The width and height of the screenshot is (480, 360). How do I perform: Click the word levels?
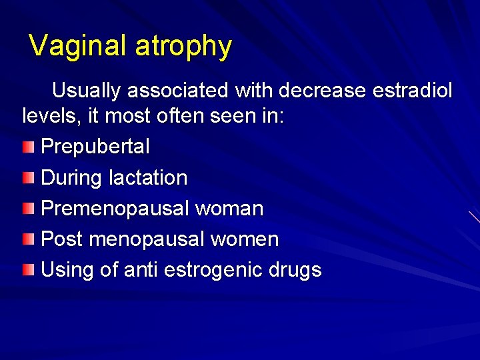click(52, 117)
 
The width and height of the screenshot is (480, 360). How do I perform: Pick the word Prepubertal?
click(95, 147)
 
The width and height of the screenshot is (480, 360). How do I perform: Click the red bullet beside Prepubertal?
click(27, 146)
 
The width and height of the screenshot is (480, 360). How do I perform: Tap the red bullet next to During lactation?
click(27, 177)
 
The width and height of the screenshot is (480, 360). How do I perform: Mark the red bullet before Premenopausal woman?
click(27, 209)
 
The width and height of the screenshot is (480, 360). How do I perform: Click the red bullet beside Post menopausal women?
click(27, 239)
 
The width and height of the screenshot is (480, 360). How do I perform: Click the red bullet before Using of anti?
click(27, 270)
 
